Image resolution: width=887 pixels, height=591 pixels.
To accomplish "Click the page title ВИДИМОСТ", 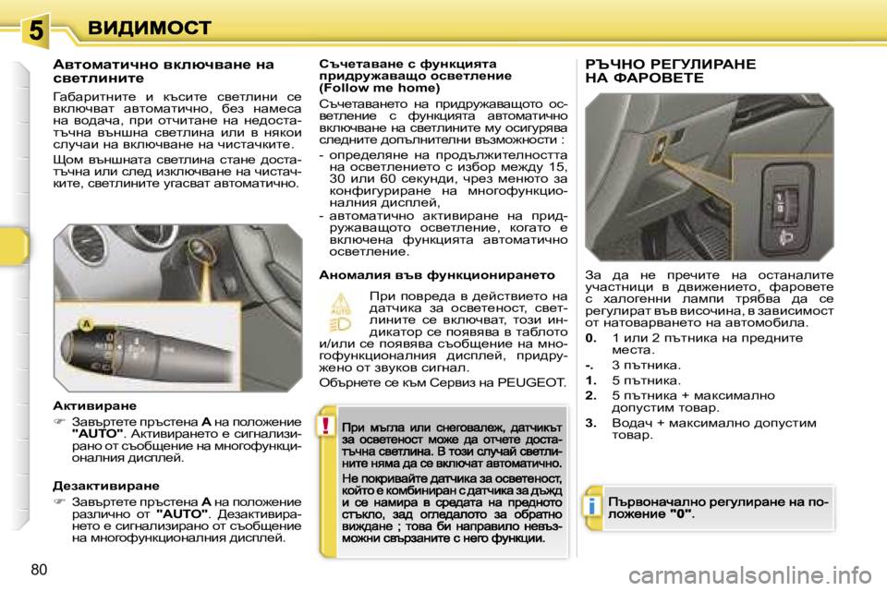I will [x=150, y=27].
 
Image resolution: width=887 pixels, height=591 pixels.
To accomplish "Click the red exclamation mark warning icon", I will [x=326, y=427].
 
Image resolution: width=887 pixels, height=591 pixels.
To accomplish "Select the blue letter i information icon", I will [x=589, y=506].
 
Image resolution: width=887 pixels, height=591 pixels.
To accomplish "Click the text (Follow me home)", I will [x=371, y=90].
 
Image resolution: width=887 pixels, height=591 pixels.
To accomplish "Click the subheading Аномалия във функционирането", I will [x=436, y=274].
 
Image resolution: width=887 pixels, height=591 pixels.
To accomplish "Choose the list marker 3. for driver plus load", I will [x=590, y=422].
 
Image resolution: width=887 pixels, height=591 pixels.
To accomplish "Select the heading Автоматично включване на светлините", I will [x=163, y=71].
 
